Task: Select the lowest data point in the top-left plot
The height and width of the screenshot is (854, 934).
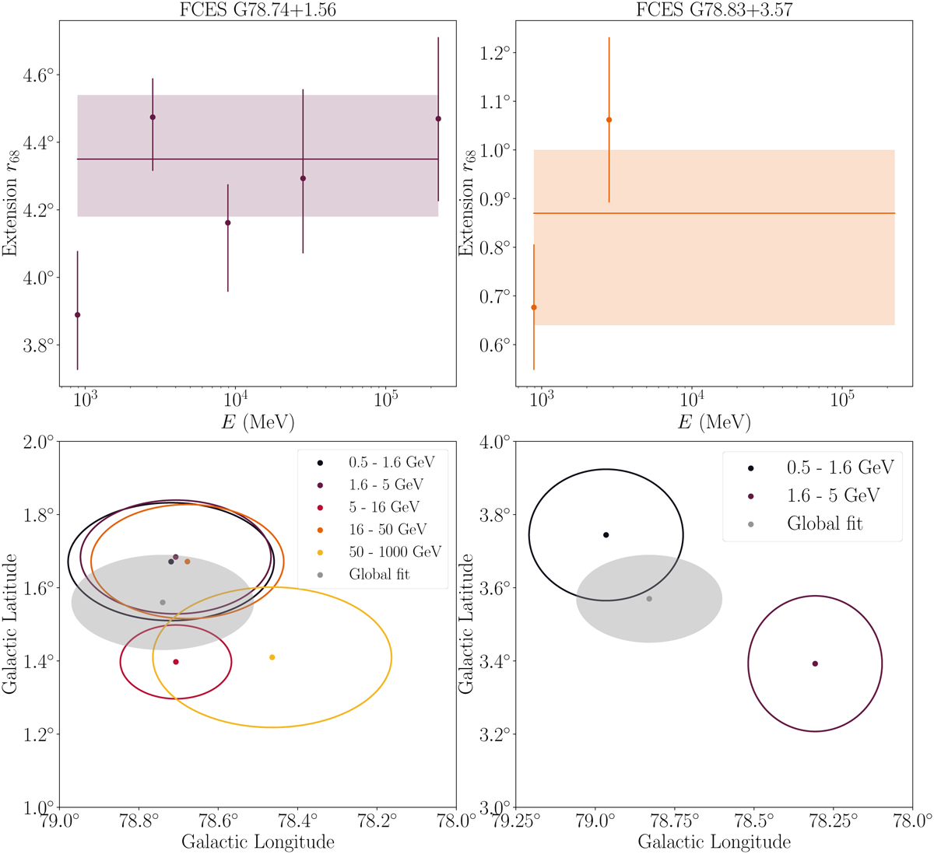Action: coord(77,315)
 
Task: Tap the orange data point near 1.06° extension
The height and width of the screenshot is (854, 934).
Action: coord(609,120)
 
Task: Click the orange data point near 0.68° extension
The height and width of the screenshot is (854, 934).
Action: coord(533,307)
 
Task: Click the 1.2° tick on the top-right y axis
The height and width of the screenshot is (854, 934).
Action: coord(493,53)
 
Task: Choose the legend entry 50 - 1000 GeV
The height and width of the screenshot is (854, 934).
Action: coord(394,551)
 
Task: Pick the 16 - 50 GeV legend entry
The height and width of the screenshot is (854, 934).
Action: coord(387,530)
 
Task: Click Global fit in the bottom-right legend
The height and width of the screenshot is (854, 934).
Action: coord(825,523)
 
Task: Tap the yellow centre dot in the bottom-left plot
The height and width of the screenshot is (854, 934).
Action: coord(272,657)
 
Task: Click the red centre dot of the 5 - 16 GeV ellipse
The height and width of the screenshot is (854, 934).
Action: coord(176,662)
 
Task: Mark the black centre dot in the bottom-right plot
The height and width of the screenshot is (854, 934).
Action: coord(606,535)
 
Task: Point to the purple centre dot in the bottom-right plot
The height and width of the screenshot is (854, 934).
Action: coord(815,663)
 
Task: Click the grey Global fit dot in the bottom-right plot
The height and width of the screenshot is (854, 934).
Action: coord(649,599)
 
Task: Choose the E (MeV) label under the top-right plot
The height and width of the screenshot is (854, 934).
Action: coord(714,422)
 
